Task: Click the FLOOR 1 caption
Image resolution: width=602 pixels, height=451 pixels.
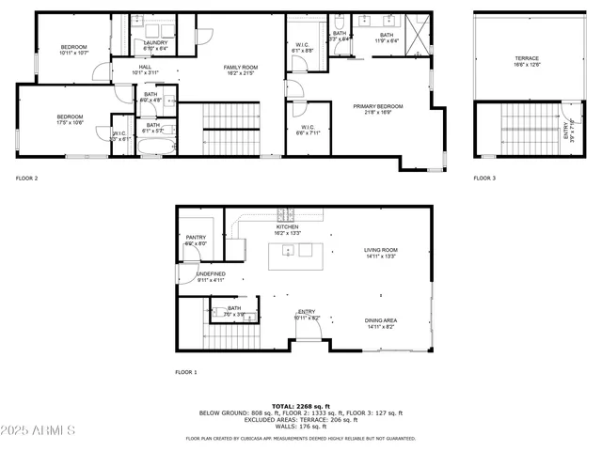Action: coord(185,372)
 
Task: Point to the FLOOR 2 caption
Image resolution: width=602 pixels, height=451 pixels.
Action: coord(26,178)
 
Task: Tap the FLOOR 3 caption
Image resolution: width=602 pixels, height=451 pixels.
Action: coord(483,178)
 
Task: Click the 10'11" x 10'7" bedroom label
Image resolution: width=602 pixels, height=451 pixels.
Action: coord(73,50)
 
